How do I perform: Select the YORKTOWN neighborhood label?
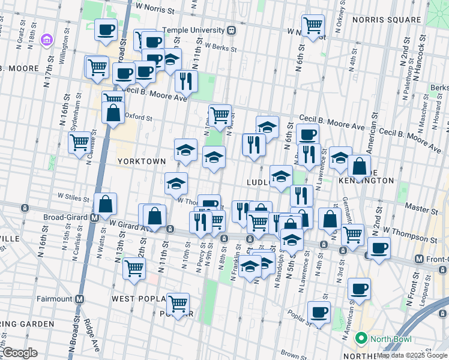141,161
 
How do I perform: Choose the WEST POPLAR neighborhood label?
136,298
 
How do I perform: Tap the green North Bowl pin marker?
361,338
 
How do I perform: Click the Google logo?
19,353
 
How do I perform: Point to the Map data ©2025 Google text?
412,355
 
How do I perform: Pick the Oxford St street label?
139,118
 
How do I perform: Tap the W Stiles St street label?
73,196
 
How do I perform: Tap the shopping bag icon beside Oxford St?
113,112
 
